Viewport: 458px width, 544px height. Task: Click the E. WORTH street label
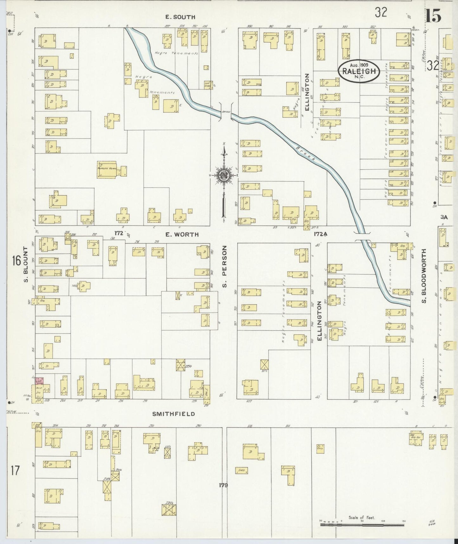[182, 235]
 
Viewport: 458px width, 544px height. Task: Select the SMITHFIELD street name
[173, 414]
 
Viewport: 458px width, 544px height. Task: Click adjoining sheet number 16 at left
[16, 261]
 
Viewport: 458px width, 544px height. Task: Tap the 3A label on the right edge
[444, 217]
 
